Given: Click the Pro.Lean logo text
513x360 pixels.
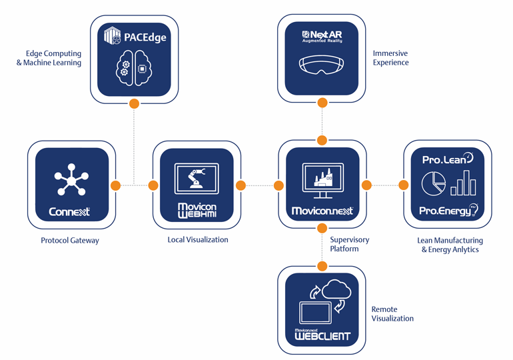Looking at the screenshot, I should coord(444,160).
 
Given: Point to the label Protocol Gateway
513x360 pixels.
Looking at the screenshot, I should coord(69,240).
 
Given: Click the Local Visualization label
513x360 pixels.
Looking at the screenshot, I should coord(198,239).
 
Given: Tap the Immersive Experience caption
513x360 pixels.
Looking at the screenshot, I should coord(391,58).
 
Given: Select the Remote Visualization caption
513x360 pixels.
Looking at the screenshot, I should coord(392,314).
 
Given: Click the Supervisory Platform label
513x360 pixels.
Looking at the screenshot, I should coord(349,244).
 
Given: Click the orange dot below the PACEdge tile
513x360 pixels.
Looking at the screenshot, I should coord(134,103).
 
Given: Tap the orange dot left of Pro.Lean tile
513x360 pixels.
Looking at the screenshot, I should coord(403,185).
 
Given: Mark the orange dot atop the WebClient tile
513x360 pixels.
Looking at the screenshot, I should coord(322,266).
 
